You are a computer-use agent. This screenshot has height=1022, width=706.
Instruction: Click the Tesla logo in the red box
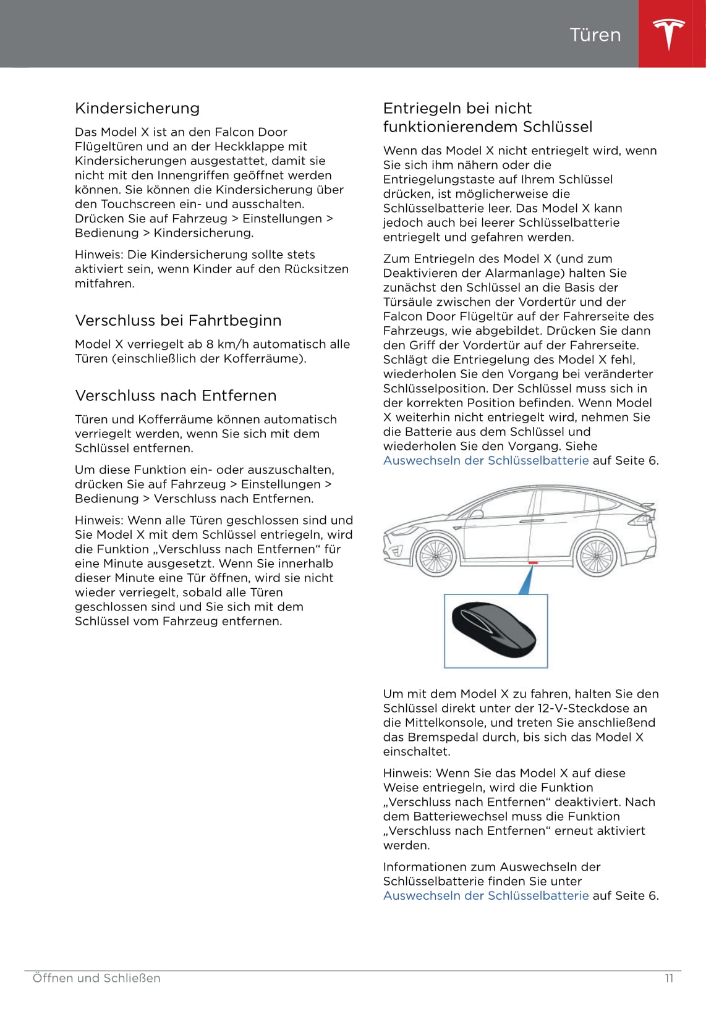pos(669,34)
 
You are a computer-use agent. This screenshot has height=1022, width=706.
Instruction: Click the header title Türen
pos(595,35)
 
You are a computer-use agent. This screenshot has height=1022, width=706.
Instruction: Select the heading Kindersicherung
pos(137,108)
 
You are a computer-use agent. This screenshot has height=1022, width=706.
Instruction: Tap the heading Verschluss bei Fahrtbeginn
pos(178,320)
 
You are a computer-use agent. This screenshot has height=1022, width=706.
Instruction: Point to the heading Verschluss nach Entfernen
pos(176,395)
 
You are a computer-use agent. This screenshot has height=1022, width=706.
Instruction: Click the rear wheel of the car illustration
pos(596,554)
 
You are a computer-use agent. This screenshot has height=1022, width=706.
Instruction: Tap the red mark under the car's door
pos(533,562)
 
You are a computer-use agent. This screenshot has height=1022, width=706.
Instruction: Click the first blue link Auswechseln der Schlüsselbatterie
pos(486,460)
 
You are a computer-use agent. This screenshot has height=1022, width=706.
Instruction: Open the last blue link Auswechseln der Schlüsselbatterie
pos(486,895)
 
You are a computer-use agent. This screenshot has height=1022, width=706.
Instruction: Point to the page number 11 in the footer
pos(669,978)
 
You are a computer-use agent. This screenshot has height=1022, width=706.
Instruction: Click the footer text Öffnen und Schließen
pos(96,978)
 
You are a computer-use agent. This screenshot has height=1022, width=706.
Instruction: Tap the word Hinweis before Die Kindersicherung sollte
pos(98,255)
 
